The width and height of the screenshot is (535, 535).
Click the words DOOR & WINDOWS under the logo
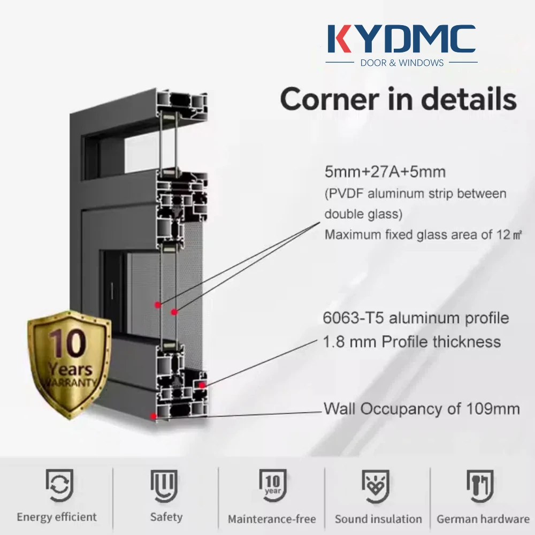tap(402, 63)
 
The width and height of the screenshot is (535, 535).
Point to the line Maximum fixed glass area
tap(423, 234)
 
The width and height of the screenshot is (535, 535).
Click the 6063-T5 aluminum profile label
tap(416, 318)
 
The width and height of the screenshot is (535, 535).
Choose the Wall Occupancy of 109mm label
tap(422, 409)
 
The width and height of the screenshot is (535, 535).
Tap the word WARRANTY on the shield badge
tap(69, 382)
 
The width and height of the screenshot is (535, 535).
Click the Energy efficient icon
tap(57, 485)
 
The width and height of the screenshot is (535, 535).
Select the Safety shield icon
tap(166, 485)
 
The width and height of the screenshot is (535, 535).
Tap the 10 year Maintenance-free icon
tap(272, 485)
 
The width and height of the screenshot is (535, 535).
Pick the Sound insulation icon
tap(378, 485)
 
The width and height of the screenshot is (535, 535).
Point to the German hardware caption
tap(483, 518)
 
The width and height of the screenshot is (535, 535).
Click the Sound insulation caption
tap(378, 518)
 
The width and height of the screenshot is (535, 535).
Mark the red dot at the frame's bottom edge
tap(154, 415)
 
